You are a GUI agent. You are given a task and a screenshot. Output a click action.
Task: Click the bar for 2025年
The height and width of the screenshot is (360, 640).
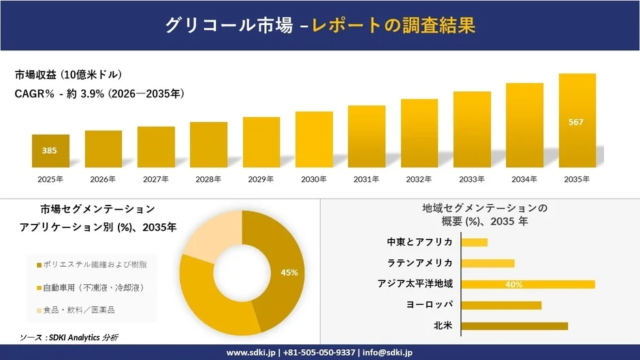point(50,150)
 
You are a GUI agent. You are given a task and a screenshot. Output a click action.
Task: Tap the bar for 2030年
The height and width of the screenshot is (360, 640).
point(313,139)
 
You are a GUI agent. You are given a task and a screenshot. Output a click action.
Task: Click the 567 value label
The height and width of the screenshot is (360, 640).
point(577,122)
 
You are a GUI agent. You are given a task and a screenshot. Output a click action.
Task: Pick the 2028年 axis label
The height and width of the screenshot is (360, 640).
point(208,179)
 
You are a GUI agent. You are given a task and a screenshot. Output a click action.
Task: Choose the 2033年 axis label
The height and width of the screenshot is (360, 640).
point(471,179)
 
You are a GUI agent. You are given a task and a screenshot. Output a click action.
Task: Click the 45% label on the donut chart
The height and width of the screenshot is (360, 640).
point(290,272)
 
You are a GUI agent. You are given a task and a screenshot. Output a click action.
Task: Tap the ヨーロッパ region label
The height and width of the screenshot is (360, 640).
point(427,305)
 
